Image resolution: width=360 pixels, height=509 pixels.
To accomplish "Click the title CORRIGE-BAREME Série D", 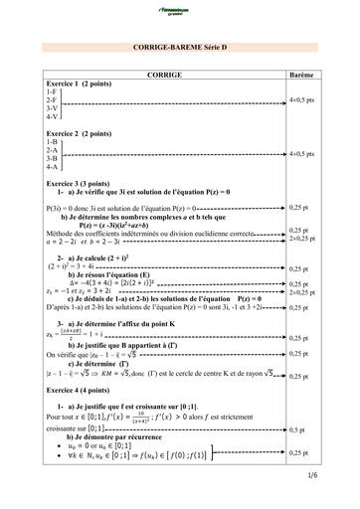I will point(178,49).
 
